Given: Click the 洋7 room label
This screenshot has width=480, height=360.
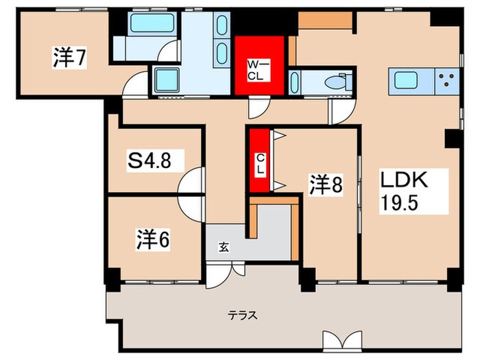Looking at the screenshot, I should click(x=69, y=59).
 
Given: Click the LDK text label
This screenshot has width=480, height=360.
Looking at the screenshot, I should click(x=405, y=182).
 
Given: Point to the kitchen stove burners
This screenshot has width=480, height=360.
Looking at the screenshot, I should click(x=446, y=81).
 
